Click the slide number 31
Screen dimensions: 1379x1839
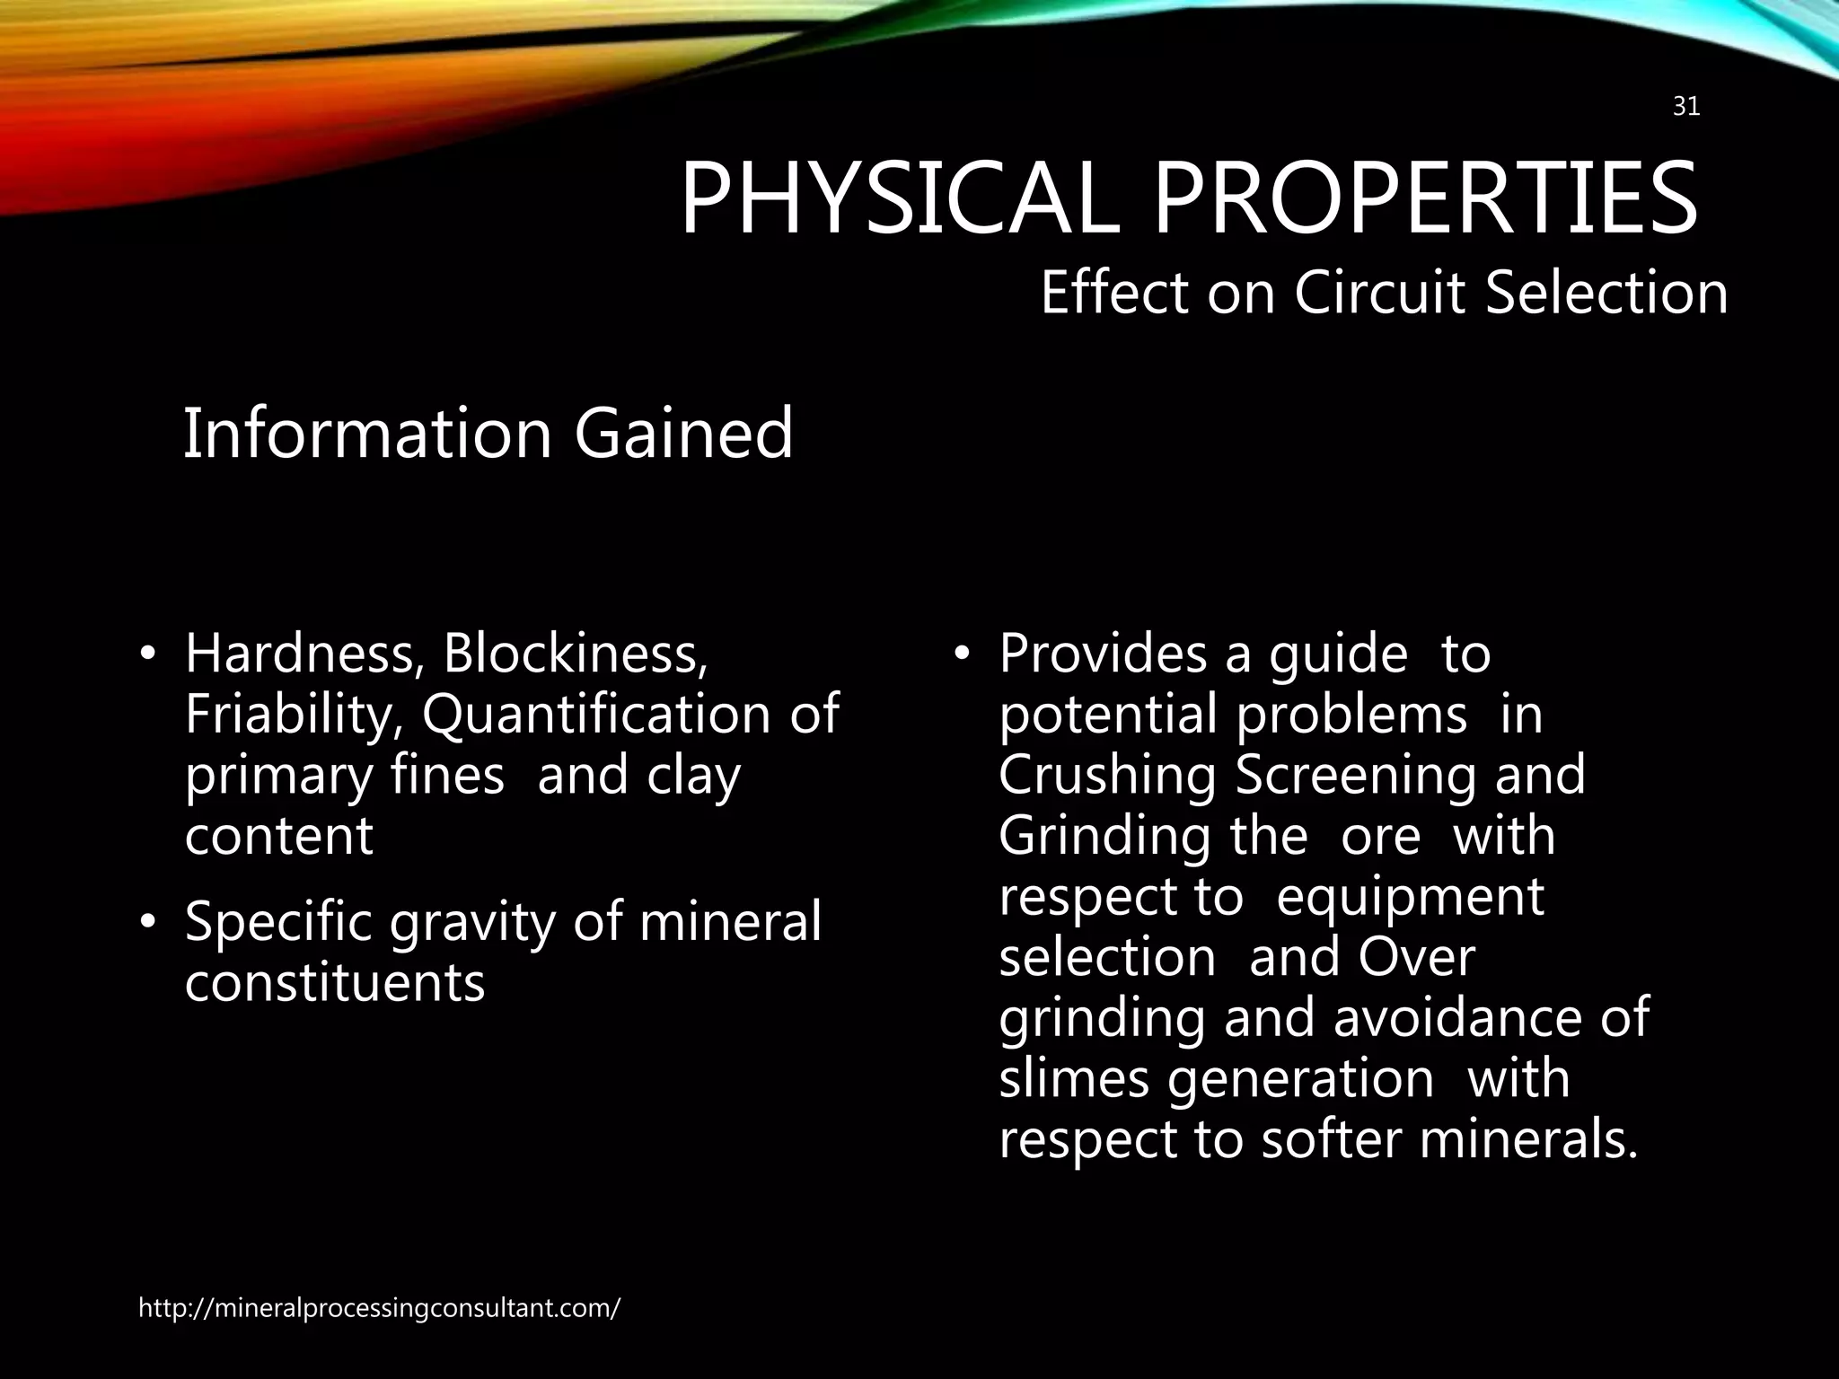[x=1686, y=108]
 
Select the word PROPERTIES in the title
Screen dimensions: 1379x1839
[x=1425, y=198]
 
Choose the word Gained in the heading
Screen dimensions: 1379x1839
[x=683, y=434]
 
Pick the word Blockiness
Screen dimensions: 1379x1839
[x=576, y=654]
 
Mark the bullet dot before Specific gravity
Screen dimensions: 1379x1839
[x=149, y=923]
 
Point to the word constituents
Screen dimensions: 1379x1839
[x=335, y=982]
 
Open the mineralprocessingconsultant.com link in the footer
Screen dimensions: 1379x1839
[x=379, y=1308]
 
